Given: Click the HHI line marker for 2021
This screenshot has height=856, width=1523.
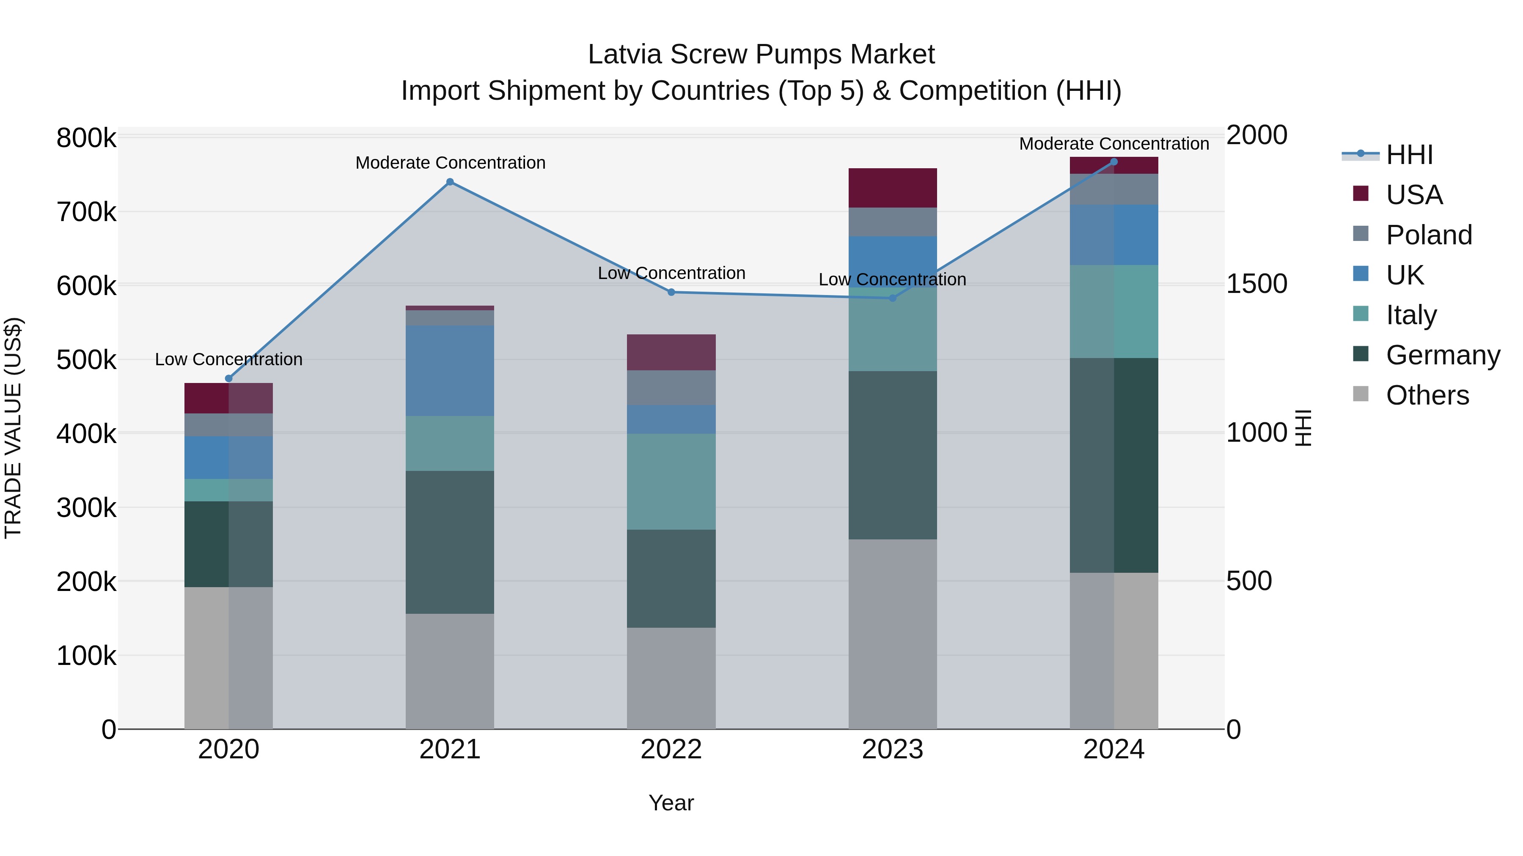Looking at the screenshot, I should [450, 182].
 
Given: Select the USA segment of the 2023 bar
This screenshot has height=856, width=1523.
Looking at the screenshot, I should [892, 188].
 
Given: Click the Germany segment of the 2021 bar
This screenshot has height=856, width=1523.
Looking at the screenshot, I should [450, 542].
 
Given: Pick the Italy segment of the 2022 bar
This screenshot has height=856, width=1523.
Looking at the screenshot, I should [671, 481].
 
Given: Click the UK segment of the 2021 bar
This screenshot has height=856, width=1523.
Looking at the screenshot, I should [450, 370].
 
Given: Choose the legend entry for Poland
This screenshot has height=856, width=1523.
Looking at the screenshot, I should [1428, 235].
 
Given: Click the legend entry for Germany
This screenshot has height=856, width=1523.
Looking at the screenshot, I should [1443, 355].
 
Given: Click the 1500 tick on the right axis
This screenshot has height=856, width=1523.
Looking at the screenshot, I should [1256, 284].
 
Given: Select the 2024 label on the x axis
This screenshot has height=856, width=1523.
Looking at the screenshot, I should [1113, 749].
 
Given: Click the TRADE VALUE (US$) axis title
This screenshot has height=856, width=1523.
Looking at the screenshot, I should [13, 428].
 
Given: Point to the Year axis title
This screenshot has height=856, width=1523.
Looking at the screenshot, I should [671, 803].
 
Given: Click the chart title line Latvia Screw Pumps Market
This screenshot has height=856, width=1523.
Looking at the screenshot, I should [761, 55].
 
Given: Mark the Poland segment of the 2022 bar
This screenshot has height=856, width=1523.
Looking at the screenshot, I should [671, 388].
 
